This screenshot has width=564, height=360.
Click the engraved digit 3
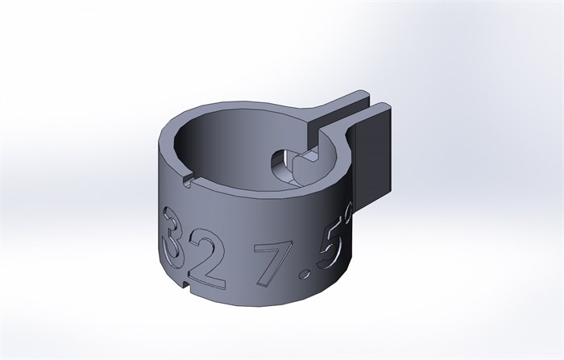pos(172,238)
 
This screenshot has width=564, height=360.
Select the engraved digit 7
pos(269,263)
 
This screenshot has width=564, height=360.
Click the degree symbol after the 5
pos(348,213)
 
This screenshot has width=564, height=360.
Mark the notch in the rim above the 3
pos(188,180)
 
